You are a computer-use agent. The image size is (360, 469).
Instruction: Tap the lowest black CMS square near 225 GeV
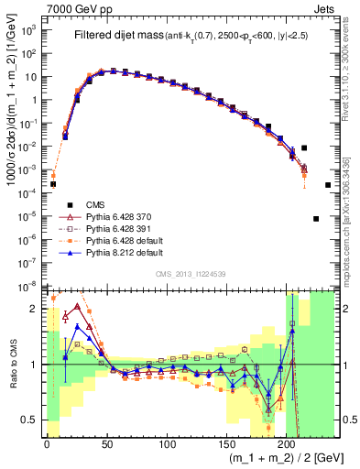[x=316, y=219]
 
